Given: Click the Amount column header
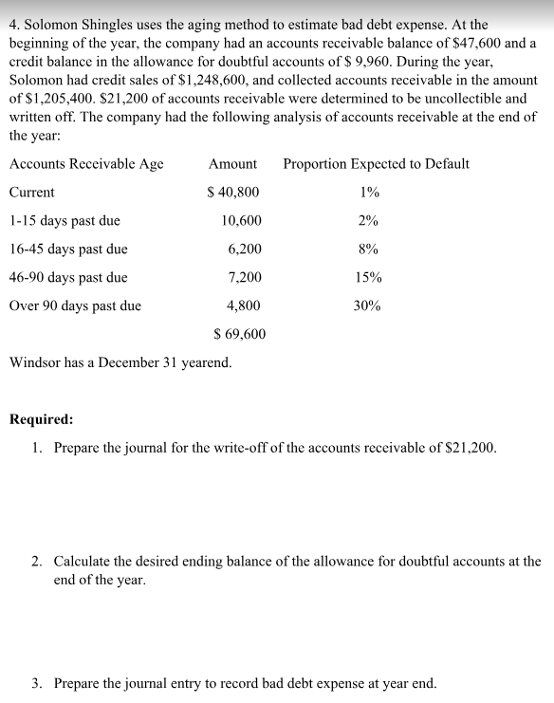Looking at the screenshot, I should (232, 164).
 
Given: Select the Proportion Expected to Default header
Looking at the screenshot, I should (376, 164).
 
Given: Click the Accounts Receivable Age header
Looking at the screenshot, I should (86, 164).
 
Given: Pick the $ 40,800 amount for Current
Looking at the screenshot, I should (232, 193).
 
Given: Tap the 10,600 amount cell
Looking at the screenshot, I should (241, 221).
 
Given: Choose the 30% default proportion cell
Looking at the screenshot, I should (368, 306).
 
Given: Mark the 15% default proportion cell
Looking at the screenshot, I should (368, 278).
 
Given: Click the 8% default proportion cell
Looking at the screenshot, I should (368, 250).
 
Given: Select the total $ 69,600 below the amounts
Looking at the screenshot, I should (240, 334).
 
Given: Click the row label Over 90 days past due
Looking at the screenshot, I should (75, 306).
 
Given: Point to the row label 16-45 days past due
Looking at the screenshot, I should (68, 250).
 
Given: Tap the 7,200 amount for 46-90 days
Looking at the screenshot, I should (245, 278).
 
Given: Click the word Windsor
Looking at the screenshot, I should (35, 362).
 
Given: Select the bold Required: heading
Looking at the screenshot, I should (40, 418).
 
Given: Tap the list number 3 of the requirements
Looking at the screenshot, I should (36, 683).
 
